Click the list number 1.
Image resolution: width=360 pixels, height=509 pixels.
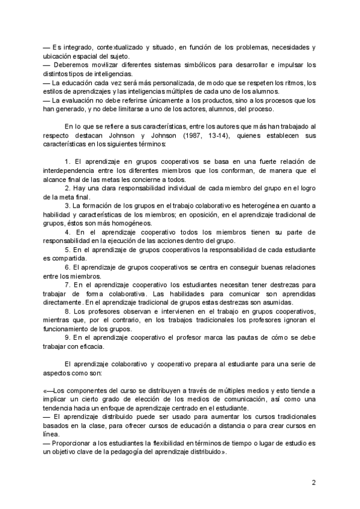point(66,163)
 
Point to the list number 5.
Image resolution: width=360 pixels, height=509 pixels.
point(66,250)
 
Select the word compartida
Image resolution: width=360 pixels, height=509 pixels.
point(68,258)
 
